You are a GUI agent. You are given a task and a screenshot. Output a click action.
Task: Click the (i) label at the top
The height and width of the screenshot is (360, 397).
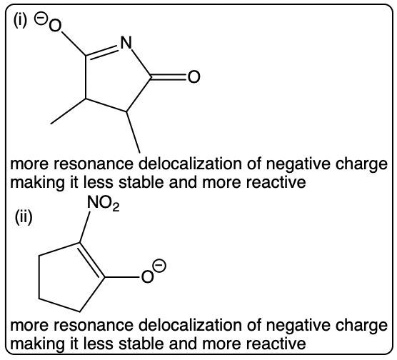(x=20, y=21)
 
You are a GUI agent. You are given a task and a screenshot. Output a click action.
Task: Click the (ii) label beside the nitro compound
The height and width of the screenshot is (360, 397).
(x=24, y=218)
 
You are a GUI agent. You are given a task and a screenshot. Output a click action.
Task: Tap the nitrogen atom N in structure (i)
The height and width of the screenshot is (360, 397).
(x=126, y=42)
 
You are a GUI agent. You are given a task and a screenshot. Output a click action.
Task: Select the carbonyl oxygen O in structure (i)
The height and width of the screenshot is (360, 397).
(x=194, y=76)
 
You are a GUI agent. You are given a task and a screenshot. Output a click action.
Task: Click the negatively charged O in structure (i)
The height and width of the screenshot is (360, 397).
(x=55, y=26)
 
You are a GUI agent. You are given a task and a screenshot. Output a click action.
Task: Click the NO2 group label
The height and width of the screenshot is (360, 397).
(x=103, y=203)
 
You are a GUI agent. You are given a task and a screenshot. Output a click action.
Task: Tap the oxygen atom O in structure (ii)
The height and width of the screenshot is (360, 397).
(x=147, y=276)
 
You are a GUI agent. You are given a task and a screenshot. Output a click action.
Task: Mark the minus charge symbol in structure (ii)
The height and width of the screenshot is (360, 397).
(x=160, y=265)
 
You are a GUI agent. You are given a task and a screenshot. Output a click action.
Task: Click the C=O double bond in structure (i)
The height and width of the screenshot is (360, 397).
(x=169, y=77)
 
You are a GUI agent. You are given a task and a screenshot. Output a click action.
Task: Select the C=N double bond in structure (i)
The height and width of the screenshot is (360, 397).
(x=102, y=51)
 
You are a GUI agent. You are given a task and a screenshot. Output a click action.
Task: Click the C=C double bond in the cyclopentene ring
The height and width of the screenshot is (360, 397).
(x=91, y=261)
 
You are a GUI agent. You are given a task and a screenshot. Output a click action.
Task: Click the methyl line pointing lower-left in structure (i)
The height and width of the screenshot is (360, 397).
(x=69, y=111)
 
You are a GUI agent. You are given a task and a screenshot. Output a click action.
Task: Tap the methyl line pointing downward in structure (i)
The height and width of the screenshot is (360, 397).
(x=134, y=132)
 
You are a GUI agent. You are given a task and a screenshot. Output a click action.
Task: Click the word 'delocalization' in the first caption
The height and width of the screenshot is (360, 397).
(x=191, y=164)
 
